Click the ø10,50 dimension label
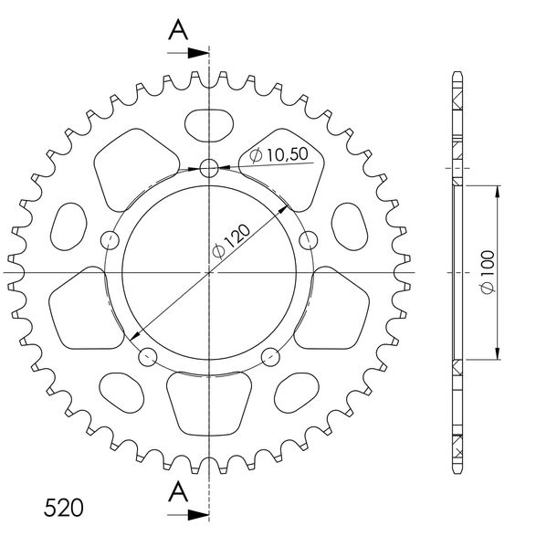(x=278, y=155)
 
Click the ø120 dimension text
(x=231, y=241)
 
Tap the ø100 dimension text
(x=488, y=272)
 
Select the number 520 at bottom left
(x=64, y=508)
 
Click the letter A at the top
(x=178, y=30)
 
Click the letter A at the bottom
(x=178, y=492)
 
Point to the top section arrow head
(x=198, y=53)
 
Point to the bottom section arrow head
(x=198, y=514)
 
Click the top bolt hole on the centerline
(x=209, y=168)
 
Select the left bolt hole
(x=110, y=240)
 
